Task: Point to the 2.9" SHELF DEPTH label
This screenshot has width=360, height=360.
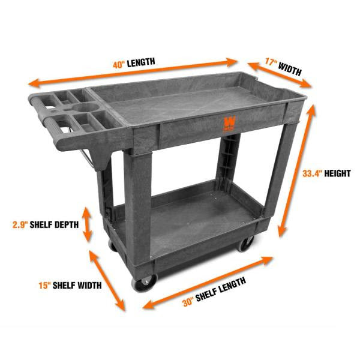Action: click(x=45, y=225)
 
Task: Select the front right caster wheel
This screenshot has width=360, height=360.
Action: click(x=246, y=243)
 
